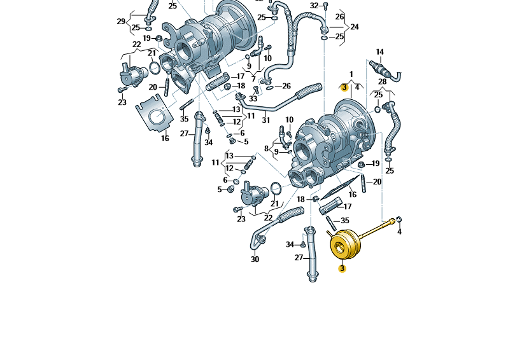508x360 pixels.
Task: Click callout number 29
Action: [121, 22]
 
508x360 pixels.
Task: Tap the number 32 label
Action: [314, 6]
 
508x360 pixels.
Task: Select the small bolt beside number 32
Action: [325, 6]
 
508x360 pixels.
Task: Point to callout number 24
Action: [355, 27]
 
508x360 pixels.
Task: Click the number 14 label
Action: [379, 52]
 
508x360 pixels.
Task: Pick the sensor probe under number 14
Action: [385, 71]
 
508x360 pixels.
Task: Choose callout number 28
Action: [383, 81]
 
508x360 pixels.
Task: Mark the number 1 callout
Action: [351, 74]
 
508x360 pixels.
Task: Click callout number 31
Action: [265, 120]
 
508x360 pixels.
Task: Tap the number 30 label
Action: [255, 260]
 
